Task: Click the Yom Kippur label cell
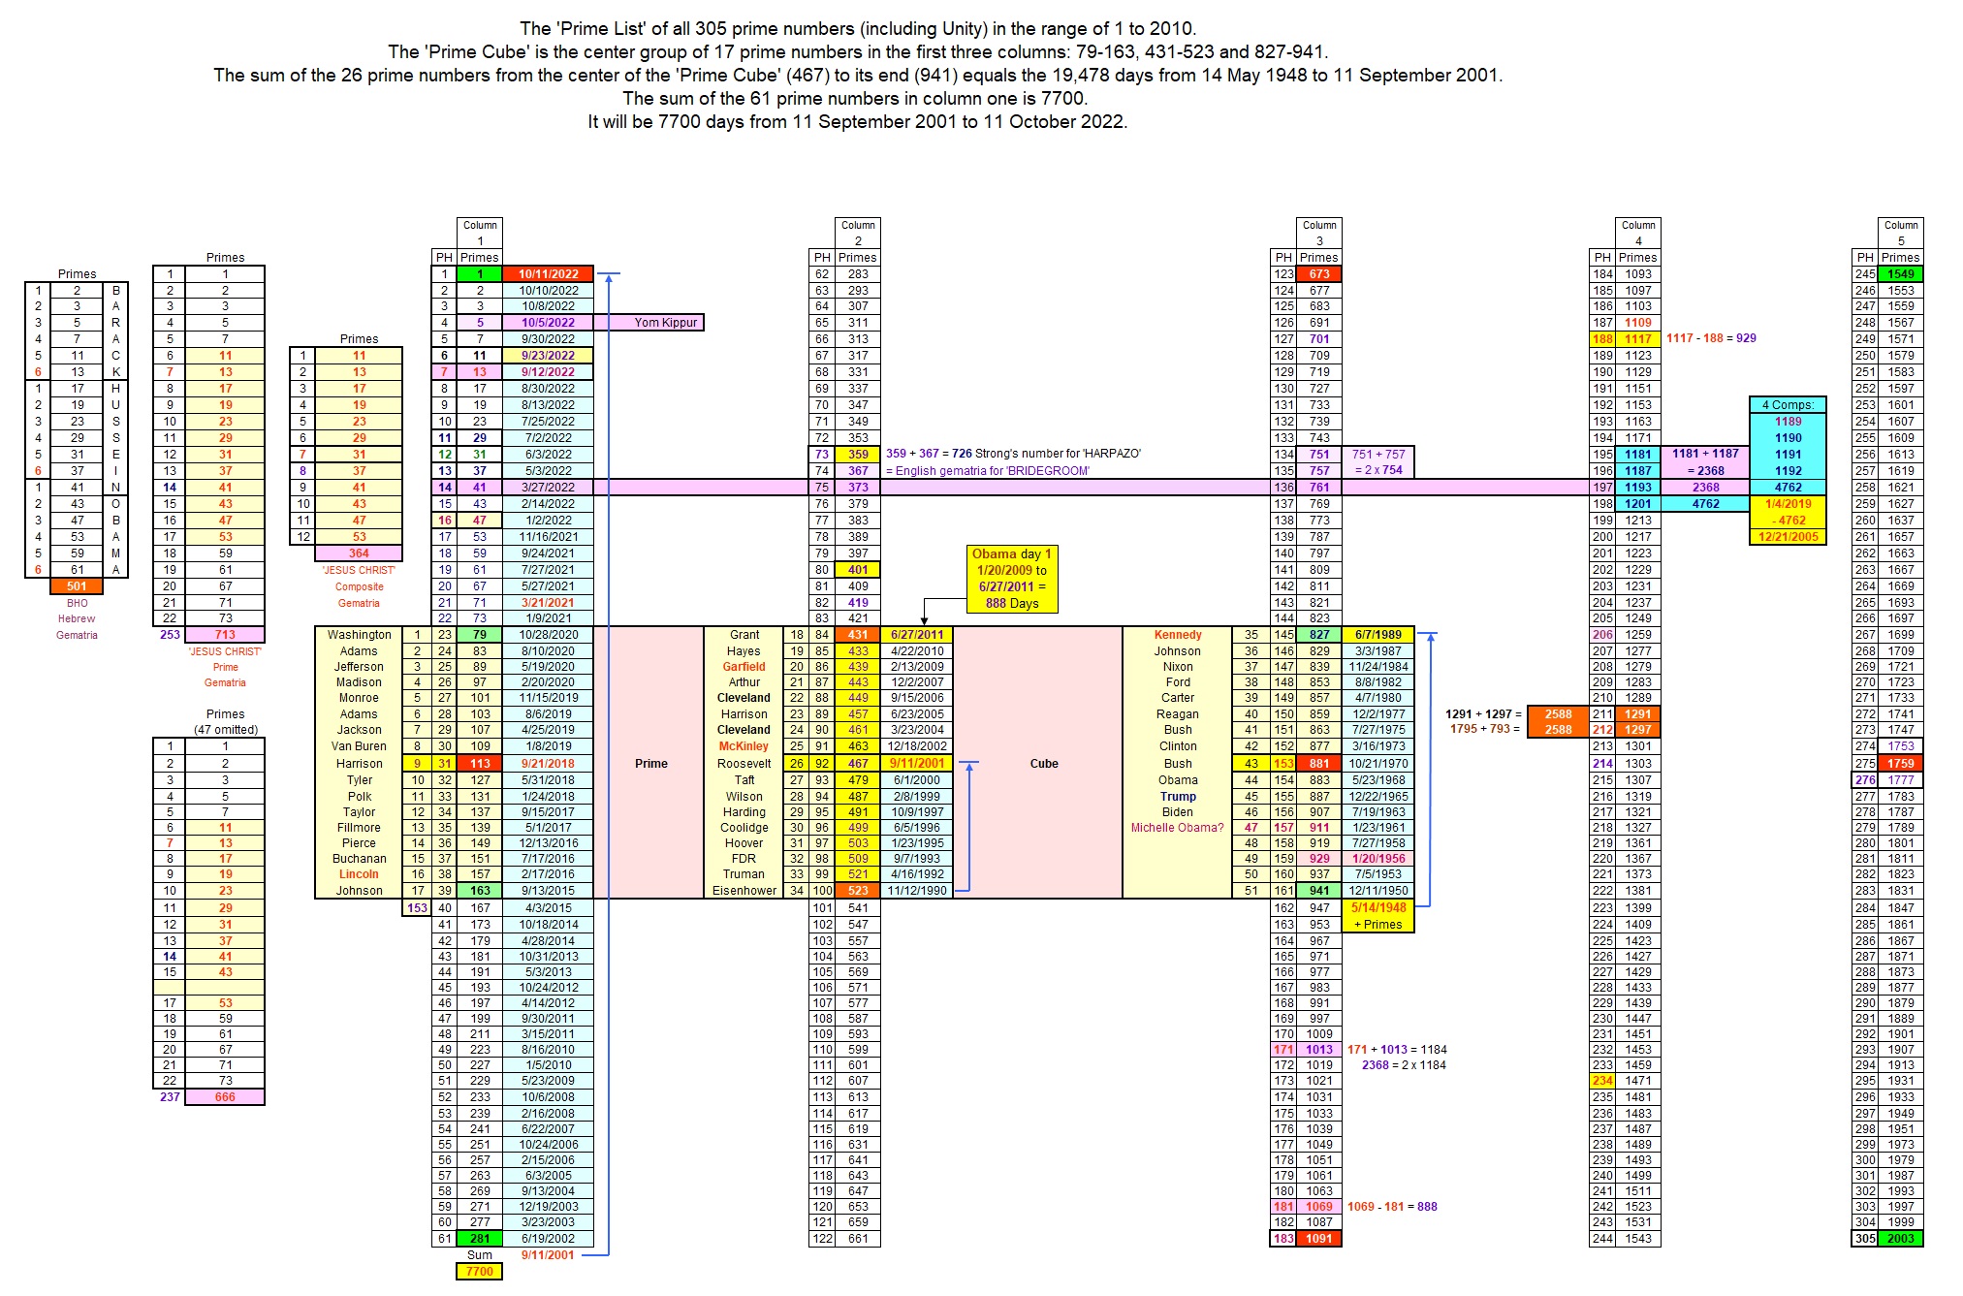(x=665, y=323)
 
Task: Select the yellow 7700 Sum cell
(x=479, y=1271)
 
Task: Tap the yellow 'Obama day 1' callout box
(x=1011, y=579)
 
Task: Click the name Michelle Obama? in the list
(x=1177, y=828)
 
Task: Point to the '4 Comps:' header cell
(x=1788, y=405)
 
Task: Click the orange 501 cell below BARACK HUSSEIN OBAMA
(x=77, y=585)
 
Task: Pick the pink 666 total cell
(x=225, y=1096)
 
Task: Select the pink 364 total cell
(x=359, y=553)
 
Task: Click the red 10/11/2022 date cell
(x=548, y=274)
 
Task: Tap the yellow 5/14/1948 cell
(x=1377, y=908)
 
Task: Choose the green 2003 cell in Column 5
(x=1900, y=1238)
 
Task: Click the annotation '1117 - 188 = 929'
(x=1711, y=338)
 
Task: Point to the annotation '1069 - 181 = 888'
(x=1392, y=1207)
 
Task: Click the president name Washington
(x=359, y=635)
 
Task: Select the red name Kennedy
(x=1177, y=635)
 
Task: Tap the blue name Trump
(x=1177, y=797)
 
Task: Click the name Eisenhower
(x=744, y=891)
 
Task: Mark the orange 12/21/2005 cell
(x=1788, y=537)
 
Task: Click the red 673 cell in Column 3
(x=1319, y=274)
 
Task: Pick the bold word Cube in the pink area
(x=1043, y=764)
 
